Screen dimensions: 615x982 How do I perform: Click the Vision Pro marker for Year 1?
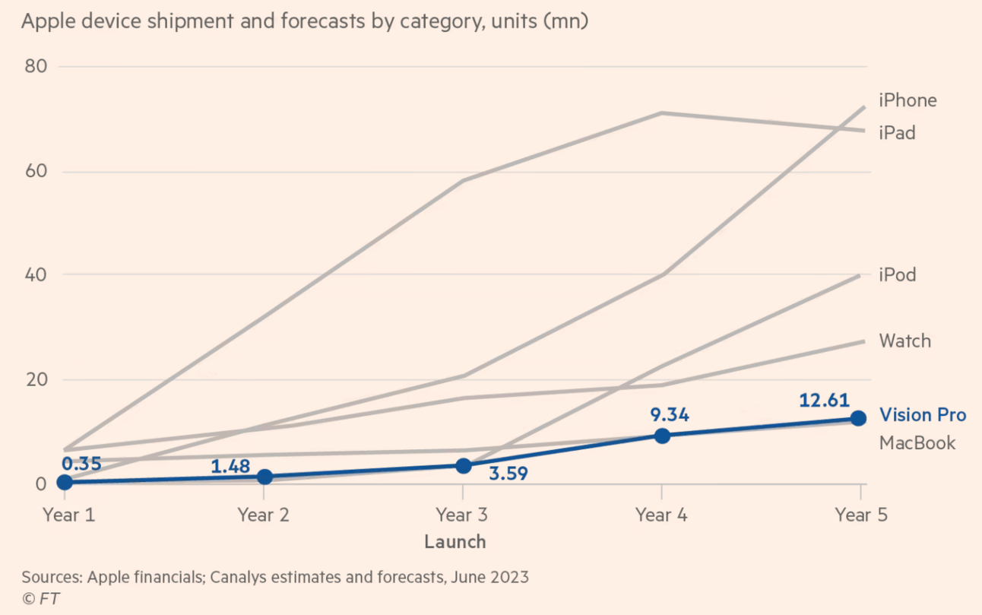click(x=65, y=482)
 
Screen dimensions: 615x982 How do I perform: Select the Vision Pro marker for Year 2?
click(x=265, y=477)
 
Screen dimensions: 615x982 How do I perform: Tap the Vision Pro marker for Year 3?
click(x=463, y=465)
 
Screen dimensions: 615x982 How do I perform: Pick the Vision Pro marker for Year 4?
click(x=662, y=436)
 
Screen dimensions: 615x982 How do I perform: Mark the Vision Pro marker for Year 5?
click(x=858, y=418)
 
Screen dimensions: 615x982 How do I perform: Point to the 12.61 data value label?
click(x=824, y=400)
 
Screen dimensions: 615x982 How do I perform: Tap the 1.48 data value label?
click(x=230, y=465)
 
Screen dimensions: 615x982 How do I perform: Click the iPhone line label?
click(x=908, y=100)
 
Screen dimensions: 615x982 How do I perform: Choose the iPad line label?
click(x=897, y=133)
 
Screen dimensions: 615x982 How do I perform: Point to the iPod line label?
click(x=897, y=274)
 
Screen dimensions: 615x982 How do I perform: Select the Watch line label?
click(x=904, y=341)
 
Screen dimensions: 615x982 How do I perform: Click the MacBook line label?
click(x=917, y=442)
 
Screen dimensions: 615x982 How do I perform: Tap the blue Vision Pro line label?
click(x=923, y=415)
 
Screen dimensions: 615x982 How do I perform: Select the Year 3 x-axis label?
click(x=461, y=515)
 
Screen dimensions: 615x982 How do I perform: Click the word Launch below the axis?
click(x=455, y=542)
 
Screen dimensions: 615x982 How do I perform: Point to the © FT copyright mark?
click(x=40, y=599)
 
